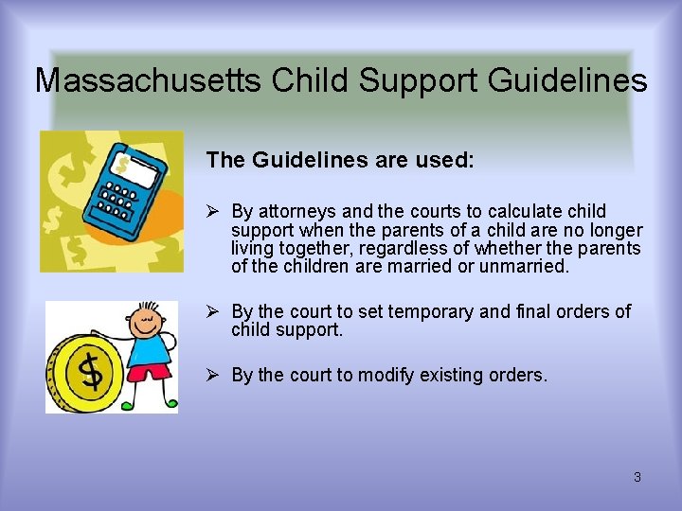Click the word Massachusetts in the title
pos(149,80)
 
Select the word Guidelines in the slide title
pos(567,80)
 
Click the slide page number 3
pos(637,477)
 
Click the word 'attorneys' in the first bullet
pos(290,211)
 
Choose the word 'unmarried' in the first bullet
pos(526,267)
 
